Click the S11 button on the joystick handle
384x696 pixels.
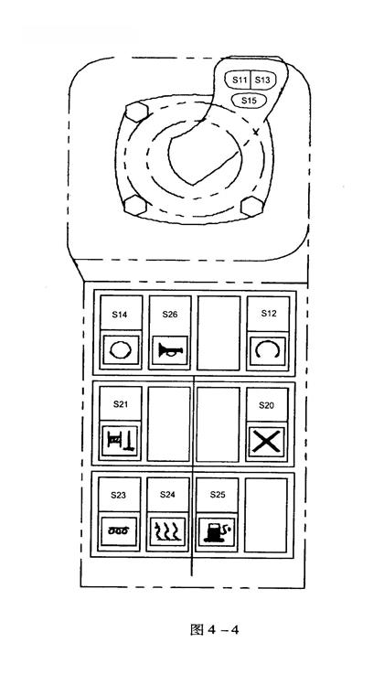click(240, 80)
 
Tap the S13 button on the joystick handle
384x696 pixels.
click(262, 80)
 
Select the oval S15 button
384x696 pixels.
click(249, 101)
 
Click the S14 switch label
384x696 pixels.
click(120, 315)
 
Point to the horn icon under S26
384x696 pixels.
click(170, 350)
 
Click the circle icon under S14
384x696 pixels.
click(121, 350)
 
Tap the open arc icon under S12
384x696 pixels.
click(267, 350)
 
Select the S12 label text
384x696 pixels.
click(269, 314)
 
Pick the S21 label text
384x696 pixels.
click(121, 404)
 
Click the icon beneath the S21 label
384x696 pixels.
click(121, 441)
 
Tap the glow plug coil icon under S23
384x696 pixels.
click(119, 530)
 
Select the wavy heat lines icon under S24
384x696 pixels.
click(167, 530)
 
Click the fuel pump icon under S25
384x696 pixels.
click(217, 531)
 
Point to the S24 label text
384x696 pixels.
click(168, 495)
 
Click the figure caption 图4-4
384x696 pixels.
click(215, 629)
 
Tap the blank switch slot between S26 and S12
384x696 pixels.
click(219, 333)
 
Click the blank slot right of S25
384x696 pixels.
click(266, 515)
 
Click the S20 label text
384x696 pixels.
click(266, 405)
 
